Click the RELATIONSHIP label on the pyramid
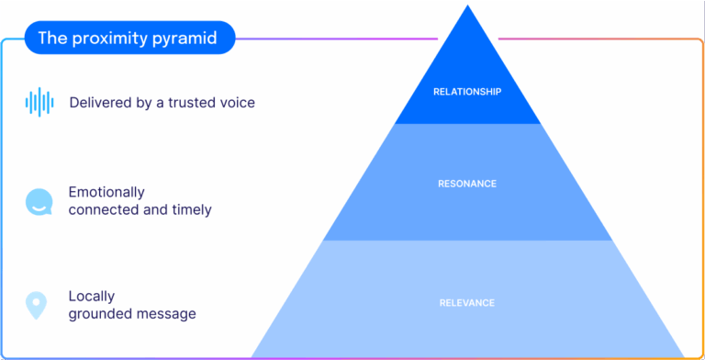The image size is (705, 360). click(x=467, y=91)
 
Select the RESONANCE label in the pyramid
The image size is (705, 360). click(x=467, y=184)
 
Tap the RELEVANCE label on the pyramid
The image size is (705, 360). click(x=467, y=303)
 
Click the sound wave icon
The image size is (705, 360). click(x=39, y=102)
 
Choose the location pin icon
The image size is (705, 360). click(x=36, y=305)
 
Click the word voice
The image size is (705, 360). click(x=237, y=103)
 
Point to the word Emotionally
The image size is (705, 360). click(x=106, y=193)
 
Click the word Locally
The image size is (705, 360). click(x=92, y=297)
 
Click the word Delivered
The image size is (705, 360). click(x=98, y=103)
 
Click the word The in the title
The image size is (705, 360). click(x=51, y=39)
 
